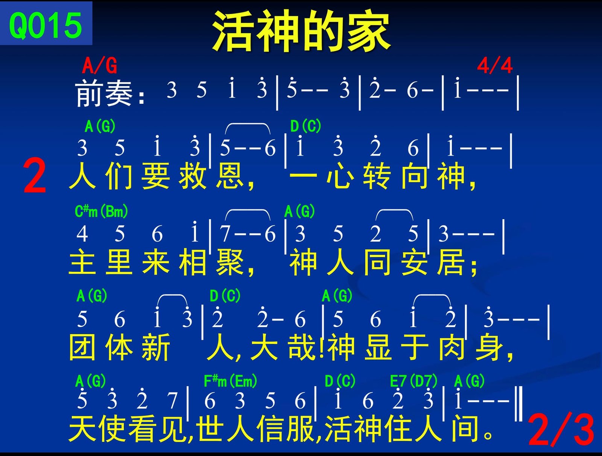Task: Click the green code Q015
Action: click(46, 26)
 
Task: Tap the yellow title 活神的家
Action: click(301, 31)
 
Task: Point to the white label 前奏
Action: click(104, 93)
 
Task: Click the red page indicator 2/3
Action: click(561, 430)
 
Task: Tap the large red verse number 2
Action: click(35, 176)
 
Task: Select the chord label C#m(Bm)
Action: click(101, 211)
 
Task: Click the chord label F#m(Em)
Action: click(230, 381)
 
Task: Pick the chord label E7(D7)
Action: click(413, 381)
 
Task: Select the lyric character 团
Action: click(82, 347)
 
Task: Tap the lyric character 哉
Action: click(301, 347)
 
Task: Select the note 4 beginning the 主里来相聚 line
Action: click(82, 234)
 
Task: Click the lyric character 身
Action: click(489, 347)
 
